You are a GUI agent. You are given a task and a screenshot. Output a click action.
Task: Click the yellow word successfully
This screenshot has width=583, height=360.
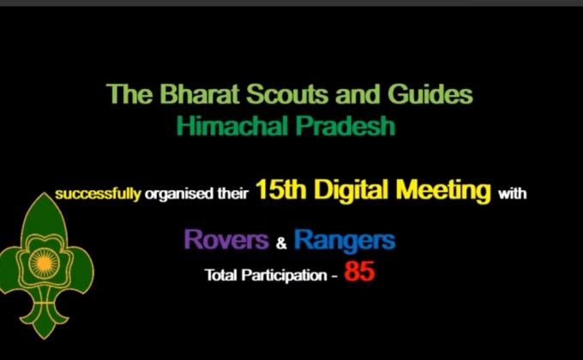point(98,194)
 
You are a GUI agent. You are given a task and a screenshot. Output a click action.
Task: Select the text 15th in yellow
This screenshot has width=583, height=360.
point(280,191)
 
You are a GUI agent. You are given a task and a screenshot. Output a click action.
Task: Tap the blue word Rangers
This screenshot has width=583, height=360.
point(345,239)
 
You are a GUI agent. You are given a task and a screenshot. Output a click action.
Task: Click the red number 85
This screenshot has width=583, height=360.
point(359,273)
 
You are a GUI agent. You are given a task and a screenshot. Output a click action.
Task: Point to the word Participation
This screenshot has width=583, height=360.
point(278,276)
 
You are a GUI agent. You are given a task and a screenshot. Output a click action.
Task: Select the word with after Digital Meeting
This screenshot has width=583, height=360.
point(513,194)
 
